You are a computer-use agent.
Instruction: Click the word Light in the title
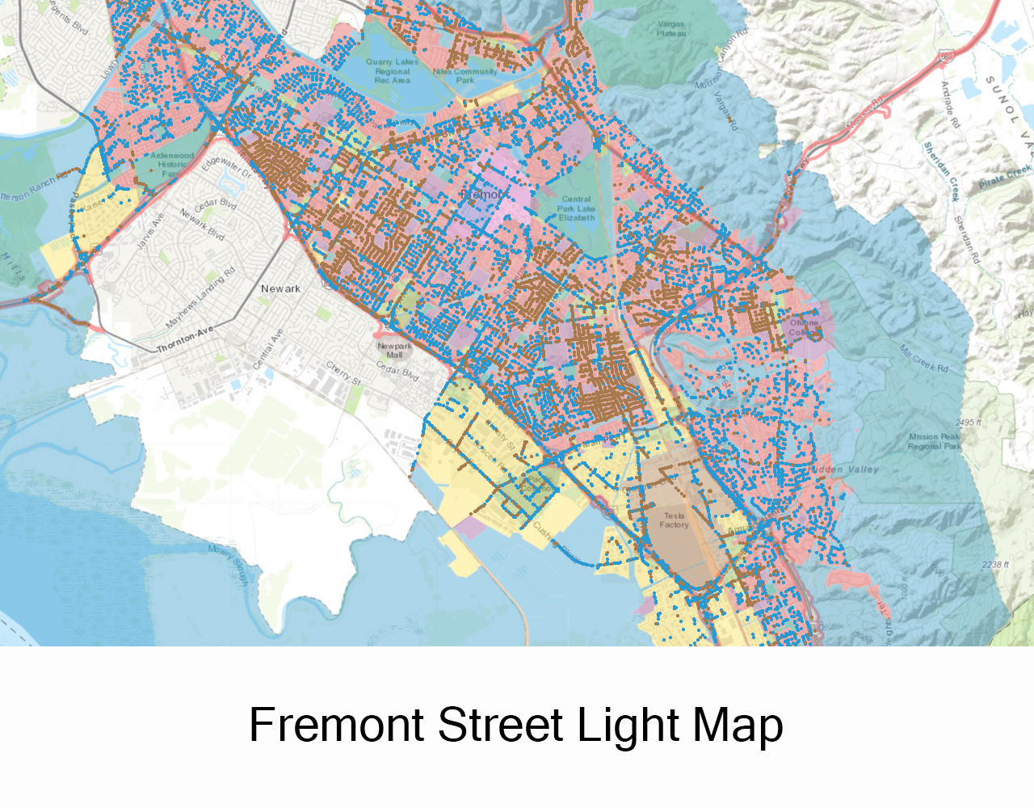630,725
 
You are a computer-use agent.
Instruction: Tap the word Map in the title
738,725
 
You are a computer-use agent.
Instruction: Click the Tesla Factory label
674,520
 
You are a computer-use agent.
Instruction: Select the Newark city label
280,288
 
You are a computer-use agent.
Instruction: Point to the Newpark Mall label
394,350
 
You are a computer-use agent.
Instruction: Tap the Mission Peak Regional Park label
935,441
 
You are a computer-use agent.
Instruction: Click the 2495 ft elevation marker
969,423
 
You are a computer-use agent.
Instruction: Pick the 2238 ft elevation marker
995,565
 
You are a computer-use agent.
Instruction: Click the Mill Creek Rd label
924,358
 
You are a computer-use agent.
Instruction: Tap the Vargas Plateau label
671,29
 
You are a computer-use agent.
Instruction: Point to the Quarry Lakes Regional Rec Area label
392,71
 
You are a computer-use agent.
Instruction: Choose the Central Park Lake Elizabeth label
576,208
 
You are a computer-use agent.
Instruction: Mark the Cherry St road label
338,371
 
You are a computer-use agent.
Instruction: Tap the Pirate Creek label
1005,176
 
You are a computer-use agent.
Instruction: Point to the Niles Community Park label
465,76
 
